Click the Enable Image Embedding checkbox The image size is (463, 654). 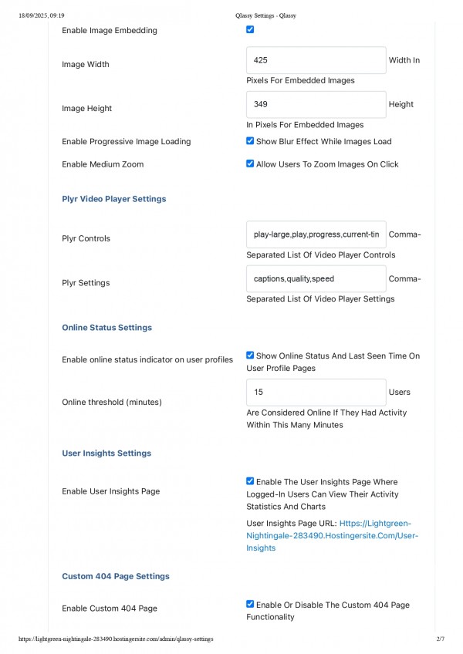point(250,30)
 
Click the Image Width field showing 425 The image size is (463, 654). point(316,60)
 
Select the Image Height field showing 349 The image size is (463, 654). point(316,104)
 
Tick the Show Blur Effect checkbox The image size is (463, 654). point(250,141)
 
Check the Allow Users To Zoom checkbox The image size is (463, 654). point(250,163)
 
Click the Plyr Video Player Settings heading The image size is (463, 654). point(114,199)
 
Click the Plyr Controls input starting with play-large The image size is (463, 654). point(316,234)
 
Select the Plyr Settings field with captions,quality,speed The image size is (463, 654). point(316,278)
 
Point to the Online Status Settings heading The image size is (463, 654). point(106,328)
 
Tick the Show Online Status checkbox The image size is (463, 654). point(250,356)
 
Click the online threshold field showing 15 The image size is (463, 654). point(316,392)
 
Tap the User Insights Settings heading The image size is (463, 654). point(106,453)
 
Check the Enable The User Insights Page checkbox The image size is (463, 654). point(250,481)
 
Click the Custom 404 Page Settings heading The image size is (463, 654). point(116,577)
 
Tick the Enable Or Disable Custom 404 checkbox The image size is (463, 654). point(250,605)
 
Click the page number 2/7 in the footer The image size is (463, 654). point(441,639)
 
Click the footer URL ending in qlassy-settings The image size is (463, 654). point(116,639)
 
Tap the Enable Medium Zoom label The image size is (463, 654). point(103,164)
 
